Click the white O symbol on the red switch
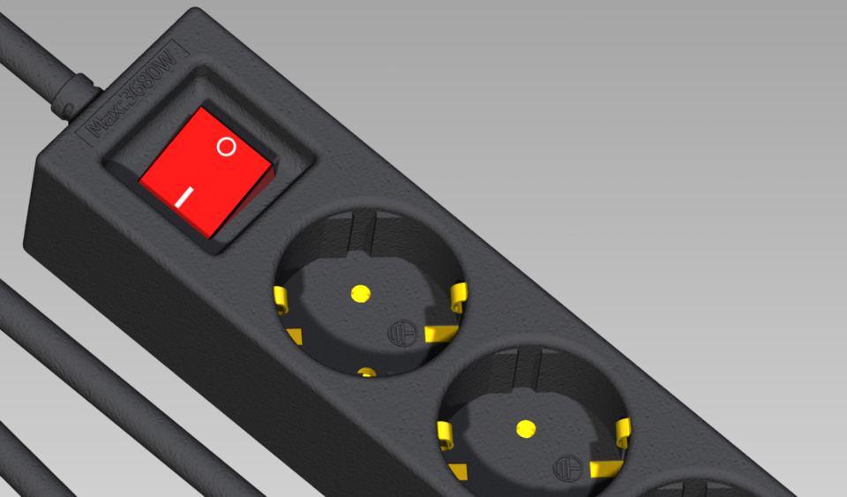(x=227, y=147)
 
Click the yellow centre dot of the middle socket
(x=526, y=429)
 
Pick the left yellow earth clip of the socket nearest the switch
(x=281, y=299)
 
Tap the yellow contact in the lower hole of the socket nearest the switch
(x=367, y=373)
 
